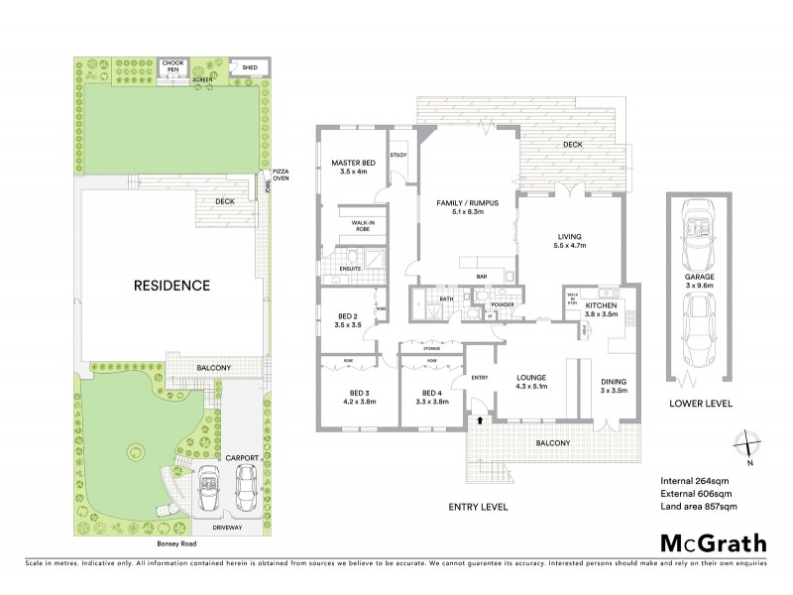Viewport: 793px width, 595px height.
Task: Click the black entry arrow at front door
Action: (x=482, y=420)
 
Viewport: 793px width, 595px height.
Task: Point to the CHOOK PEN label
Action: (x=174, y=65)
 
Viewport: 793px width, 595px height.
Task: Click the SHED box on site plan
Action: (x=244, y=67)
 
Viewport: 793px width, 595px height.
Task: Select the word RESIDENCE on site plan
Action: (x=172, y=286)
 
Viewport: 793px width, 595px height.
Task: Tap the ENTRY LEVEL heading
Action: (x=477, y=507)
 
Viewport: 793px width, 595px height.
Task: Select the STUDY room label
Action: (x=398, y=155)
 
